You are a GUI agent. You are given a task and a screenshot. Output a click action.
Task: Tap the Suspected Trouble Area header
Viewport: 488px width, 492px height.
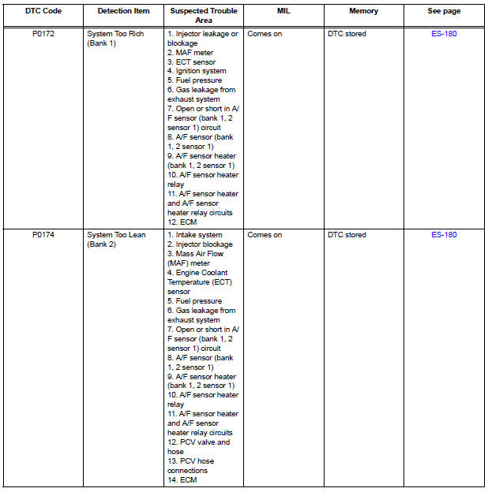(203, 17)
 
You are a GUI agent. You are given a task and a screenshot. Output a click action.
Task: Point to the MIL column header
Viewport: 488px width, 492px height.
(283, 12)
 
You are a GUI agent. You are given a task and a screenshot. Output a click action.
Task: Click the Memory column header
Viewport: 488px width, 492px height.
(363, 12)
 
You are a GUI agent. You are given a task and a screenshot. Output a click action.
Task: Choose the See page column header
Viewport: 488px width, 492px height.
(444, 12)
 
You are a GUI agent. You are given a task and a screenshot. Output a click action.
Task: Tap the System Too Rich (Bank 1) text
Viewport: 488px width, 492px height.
(115, 39)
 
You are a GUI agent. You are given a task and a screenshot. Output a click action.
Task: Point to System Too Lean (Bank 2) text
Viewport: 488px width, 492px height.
(115, 240)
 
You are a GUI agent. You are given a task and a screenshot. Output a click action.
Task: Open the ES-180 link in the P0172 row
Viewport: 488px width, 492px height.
(444, 34)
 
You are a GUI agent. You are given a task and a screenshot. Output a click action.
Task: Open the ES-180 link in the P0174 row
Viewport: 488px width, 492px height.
(444, 235)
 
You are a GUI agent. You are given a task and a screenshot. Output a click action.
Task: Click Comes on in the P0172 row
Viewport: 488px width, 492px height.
(265, 34)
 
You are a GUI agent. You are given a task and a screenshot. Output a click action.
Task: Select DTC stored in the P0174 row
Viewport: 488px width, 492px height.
(347, 235)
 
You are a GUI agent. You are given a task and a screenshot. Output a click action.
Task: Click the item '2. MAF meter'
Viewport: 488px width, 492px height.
(190, 53)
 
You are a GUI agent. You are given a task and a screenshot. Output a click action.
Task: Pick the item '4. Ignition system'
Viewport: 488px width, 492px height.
(197, 71)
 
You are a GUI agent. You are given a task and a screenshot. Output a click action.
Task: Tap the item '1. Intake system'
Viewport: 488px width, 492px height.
(194, 235)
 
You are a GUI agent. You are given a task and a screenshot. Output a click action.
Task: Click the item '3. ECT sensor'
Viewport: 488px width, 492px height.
(191, 62)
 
